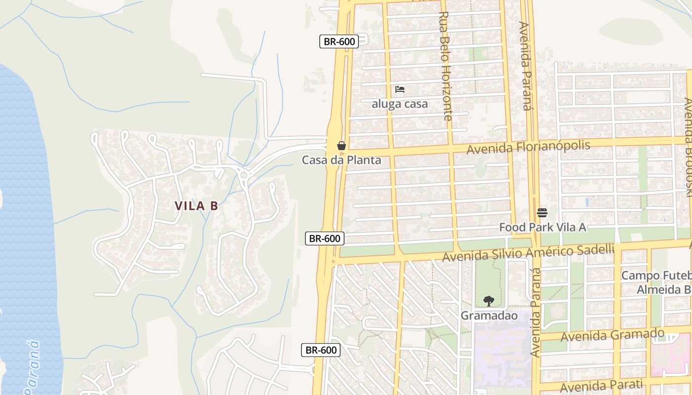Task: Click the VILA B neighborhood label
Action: pyautogui.click(x=196, y=206)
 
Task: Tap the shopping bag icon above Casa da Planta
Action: pyautogui.click(x=341, y=146)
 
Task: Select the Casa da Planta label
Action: pyautogui.click(x=341, y=160)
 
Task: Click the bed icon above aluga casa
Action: pyautogui.click(x=400, y=89)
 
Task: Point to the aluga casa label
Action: pyautogui.click(x=399, y=104)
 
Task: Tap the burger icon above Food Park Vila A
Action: pyautogui.click(x=542, y=213)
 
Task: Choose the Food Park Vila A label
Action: pyautogui.click(x=542, y=227)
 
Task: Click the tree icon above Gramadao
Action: pyautogui.click(x=488, y=301)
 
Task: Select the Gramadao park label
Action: pyautogui.click(x=488, y=315)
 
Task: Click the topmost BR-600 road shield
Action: pyautogui.click(x=339, y=41)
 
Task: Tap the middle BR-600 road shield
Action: pyautogui.click(x=325, y=238)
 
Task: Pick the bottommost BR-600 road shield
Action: pyautogui.click(x=321, y=350)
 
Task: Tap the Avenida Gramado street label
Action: pyautogui.click(x=612, y=335)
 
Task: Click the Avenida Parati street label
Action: pyautogui.click(x=601, y=385)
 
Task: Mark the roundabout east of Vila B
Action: pyautogui.click(x=243, y=175)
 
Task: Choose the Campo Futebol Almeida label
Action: pyautogui.click(x=656, y=282)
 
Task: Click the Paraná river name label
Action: pyautogui.click(x=33, y=368)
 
